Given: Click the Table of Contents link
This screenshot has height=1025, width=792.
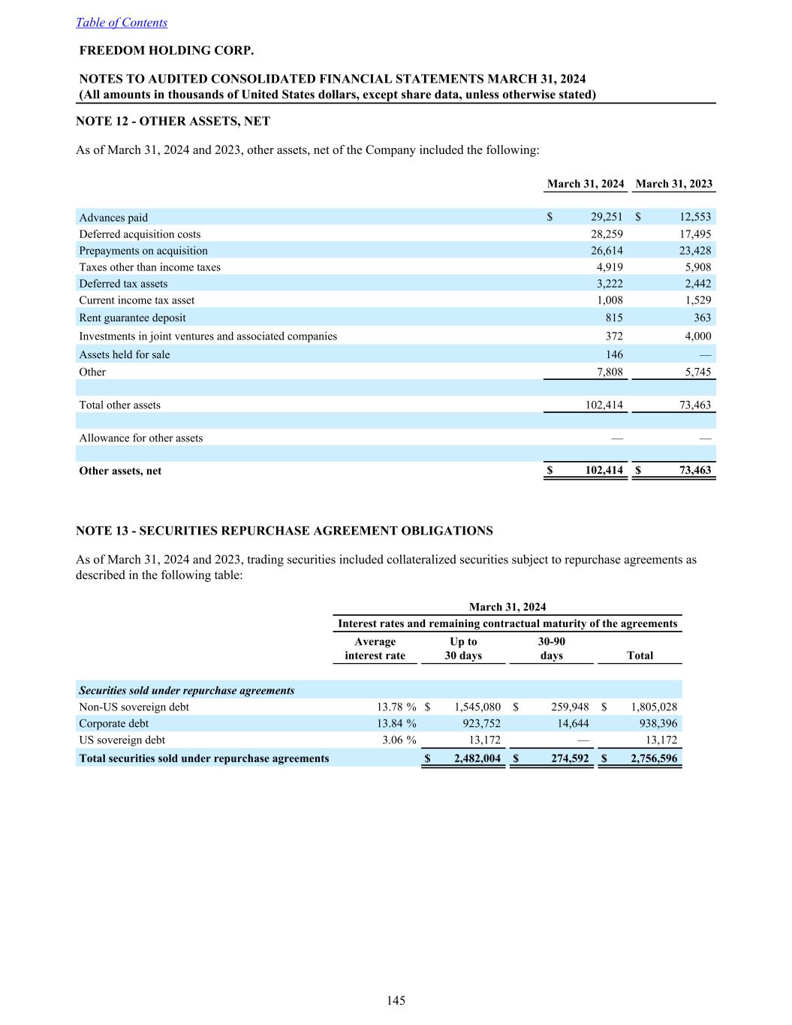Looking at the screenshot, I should coord(122,23).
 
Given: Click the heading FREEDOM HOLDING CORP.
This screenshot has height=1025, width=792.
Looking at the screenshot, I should coord(167,51).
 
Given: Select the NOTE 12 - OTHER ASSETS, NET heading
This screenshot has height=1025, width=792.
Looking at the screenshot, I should coord(173,121).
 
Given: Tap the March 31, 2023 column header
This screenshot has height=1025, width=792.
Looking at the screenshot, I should coord(673,184).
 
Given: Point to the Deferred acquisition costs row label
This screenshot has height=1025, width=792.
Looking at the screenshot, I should coord(140,234).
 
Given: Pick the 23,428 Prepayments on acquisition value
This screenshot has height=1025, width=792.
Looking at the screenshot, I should coord(694,251).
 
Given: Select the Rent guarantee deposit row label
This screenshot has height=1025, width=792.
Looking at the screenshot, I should coord(132,318).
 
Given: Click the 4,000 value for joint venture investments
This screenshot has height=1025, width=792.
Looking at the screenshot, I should coord(697,336).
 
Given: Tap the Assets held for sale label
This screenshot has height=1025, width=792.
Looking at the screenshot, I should coord(125,354).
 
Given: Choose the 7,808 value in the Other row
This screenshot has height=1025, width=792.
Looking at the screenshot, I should coord(609,372).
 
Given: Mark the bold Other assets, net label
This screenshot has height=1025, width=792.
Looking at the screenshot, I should coord(120,471).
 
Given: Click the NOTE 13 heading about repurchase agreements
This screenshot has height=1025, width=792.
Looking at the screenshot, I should coord(285,531).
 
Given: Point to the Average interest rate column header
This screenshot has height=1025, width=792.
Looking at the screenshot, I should coord(375,649).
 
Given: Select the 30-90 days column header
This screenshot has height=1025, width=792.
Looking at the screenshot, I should coord(552,649).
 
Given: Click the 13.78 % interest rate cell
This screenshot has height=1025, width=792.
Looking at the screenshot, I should coord(396,707).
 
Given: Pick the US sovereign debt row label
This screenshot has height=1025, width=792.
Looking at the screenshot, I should coord(122,740).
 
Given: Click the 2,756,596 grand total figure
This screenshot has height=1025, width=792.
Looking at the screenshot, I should coord(654,758).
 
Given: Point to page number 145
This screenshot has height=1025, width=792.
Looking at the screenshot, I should coord(396,1000).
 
